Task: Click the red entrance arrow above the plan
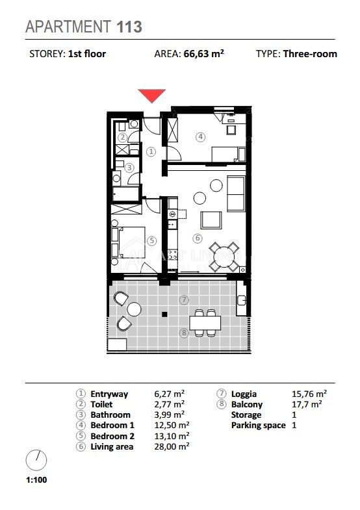[x=151, y=96]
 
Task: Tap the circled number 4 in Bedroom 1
[x=201, y=137]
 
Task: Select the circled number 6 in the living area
[x=198, y=238]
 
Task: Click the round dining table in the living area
[x=225, y=257]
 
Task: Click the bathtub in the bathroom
[x=125, y=194]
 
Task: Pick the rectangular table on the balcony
[x=205, y=323]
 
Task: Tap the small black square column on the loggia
[x=164, y=314]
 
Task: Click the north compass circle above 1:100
[x=36, y=461]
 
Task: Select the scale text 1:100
[x=36, y=479]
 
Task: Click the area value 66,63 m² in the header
[x=203, y=54]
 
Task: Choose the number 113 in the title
[x=129, y=27]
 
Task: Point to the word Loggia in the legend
[x=244, y=394]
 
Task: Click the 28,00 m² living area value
[x=172, y=446]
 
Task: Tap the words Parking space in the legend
[x=258, y=426]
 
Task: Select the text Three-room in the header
[x=310, y=54]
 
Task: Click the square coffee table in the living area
[x=211, y=220]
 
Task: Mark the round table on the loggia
[x=134, y=309]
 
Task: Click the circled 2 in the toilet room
[x=123, y=137]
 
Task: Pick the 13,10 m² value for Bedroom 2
[x=172, y=436]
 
